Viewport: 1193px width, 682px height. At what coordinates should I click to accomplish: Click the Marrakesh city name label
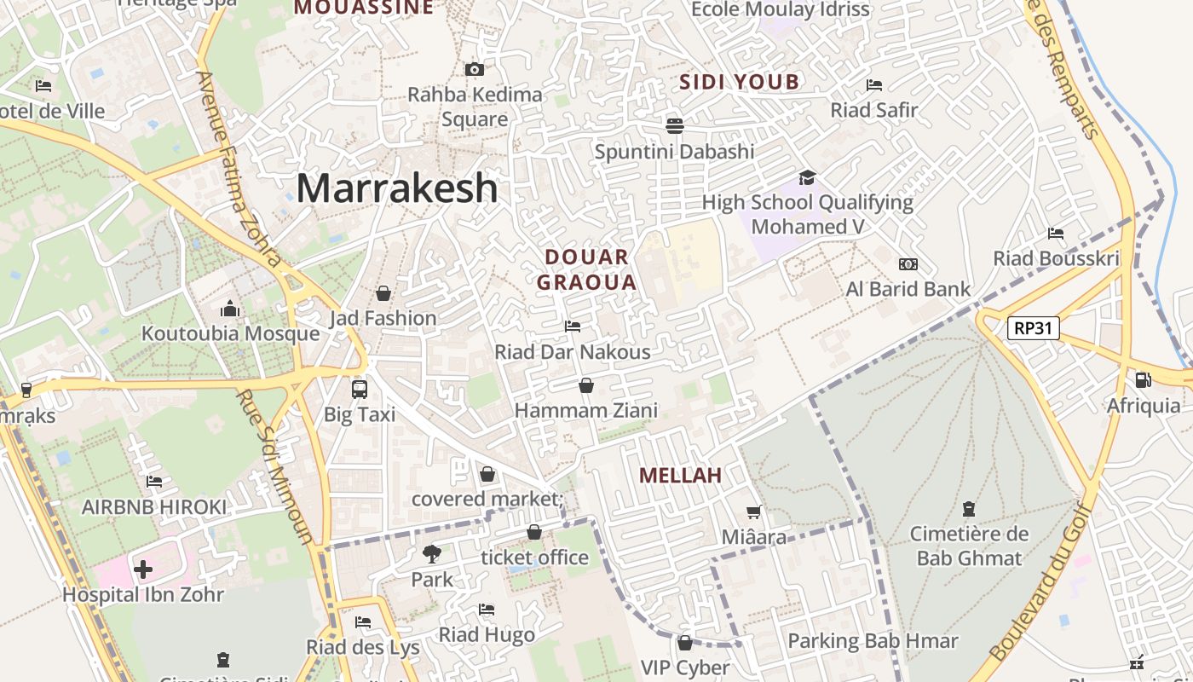click(x=397, y=188)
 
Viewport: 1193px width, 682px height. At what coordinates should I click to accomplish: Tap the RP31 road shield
click(x=1033, y=328)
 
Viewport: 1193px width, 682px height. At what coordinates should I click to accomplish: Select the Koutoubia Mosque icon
click(x=230, y=309)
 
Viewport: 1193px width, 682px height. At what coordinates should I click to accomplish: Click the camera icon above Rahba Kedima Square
click(x=475, y=69)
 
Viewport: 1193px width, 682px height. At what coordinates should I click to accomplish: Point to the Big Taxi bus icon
click(x=360, y=390)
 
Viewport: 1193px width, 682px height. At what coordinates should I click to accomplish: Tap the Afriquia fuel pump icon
click(x=1143, y=380)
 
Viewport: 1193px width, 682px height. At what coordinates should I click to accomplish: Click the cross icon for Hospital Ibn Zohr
click(x=143, y=569)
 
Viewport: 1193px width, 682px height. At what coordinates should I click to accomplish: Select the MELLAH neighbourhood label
click(x=680, y=476)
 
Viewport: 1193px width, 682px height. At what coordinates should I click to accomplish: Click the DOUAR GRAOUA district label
click(x=587, y=269)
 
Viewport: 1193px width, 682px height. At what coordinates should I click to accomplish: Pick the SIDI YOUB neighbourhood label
click(x=740, y=82)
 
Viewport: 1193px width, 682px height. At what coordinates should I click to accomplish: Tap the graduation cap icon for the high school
click(x=807, y=177)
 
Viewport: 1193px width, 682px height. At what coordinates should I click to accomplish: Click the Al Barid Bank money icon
click(x=908, y=264)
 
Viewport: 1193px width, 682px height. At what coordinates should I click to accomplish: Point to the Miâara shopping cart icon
click(x=753, y=512)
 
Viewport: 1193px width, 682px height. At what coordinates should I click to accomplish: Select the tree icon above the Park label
click(x=432, y=554)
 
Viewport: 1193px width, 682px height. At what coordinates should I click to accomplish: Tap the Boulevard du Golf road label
click(x=1043, y=580)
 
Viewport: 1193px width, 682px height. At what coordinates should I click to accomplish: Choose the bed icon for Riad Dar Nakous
click(x=573, y=327)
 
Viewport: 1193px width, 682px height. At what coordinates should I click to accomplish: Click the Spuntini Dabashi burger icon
click(x=675, y=126)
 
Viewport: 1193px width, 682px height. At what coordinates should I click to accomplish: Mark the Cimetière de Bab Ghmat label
click(x=969, y=546)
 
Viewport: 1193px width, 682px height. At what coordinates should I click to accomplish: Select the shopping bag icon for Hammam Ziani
click(x=586, y=386)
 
